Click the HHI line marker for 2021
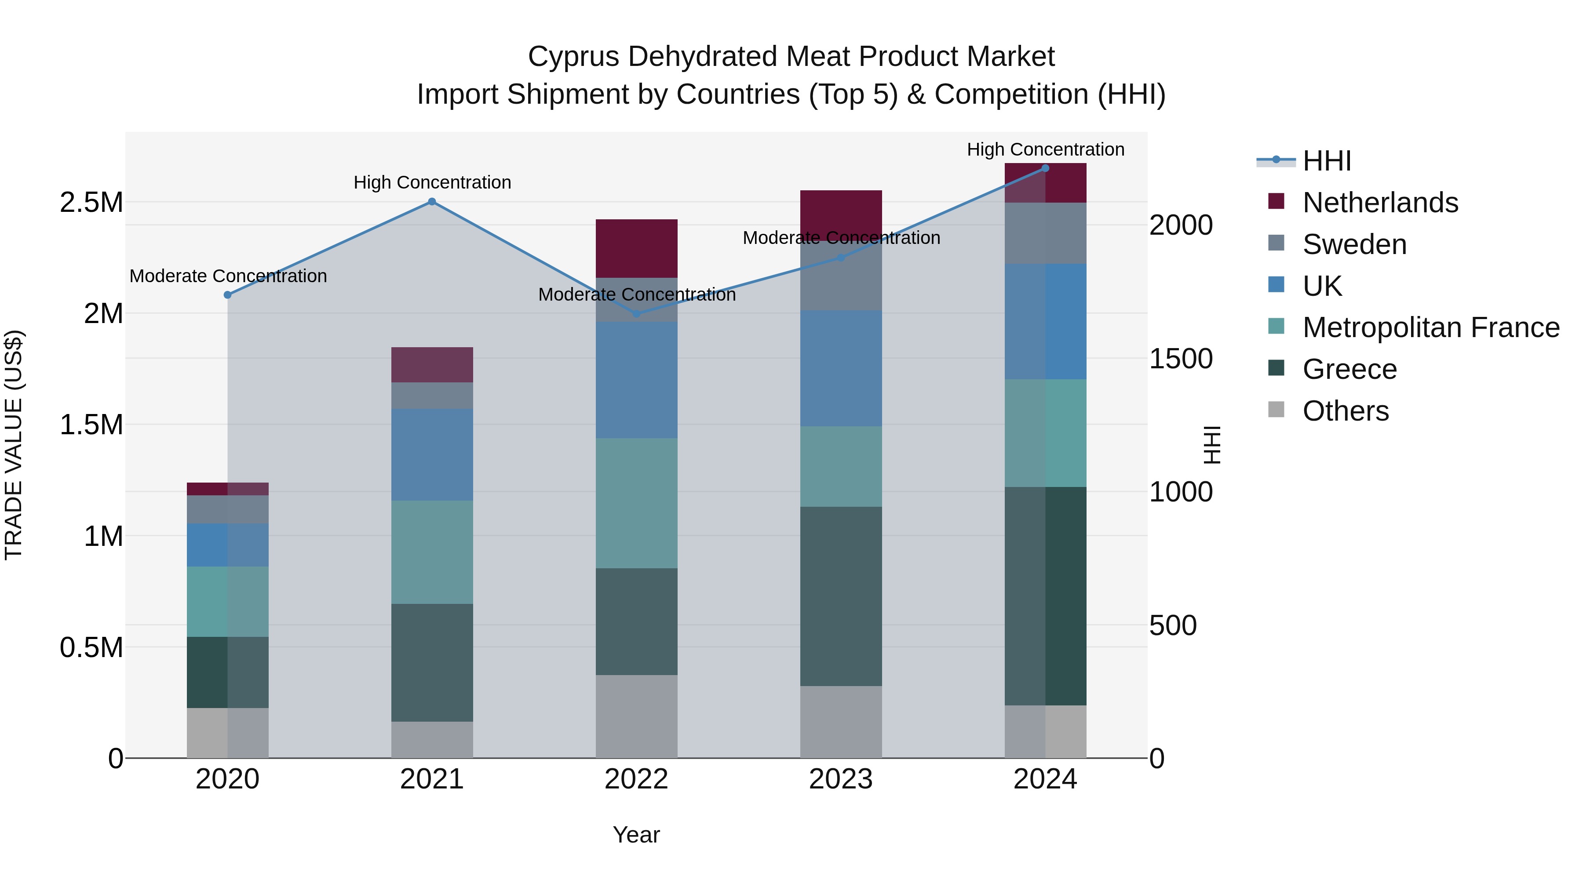click(432, 201)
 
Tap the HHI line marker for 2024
click(1045, 168)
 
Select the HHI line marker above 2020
click(227, 295)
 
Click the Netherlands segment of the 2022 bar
click(637, 248)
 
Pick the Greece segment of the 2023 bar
click(841, 596)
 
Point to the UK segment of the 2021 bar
click(432, 454)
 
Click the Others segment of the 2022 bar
click(637, 716)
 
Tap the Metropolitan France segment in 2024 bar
click(1045, 432)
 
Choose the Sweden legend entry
click(1354, 244)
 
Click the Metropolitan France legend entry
click(1430, 327)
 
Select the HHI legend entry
click(1326, 161)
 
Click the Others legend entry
click(1345, 411)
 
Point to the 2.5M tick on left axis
click(91, 203)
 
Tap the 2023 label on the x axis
click(841, 779)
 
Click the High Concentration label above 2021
click(432, 182)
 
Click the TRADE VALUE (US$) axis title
click(14, 445)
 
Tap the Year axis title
click(636, 835)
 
